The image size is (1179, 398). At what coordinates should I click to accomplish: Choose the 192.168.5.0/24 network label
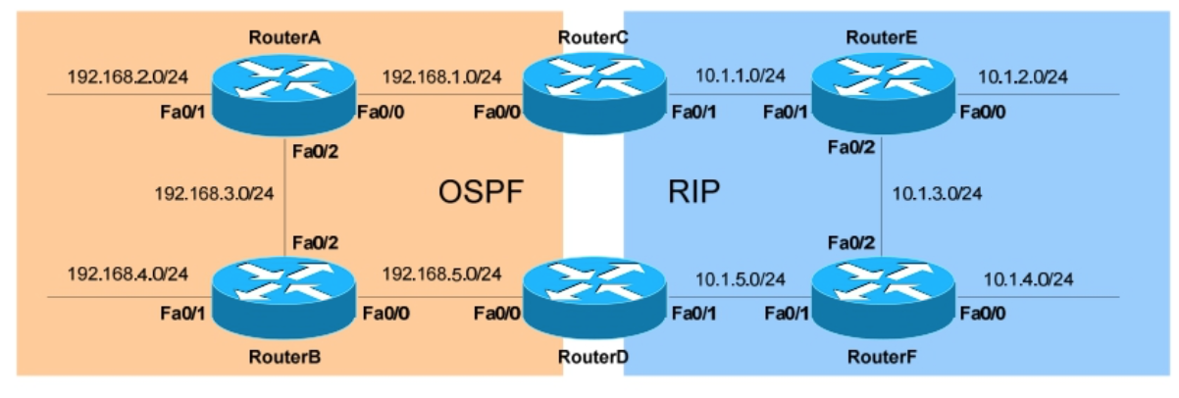point(442,274)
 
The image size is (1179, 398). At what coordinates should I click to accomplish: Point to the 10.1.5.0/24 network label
point(742,279)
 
